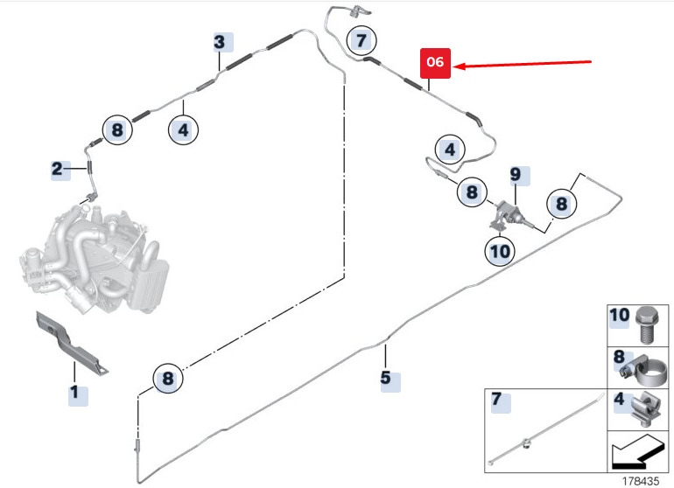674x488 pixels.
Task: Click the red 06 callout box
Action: (x=435, y=63)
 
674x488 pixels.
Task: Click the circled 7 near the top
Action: (x=362, y=41)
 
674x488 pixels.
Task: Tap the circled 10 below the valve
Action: (x=500, y=251)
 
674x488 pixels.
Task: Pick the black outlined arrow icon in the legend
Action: (x=638, y=452)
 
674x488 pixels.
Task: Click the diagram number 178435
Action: (x=641, y=481)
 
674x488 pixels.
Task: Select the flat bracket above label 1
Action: (x=72, y=343)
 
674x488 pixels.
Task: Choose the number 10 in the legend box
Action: (x=620, y=316)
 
